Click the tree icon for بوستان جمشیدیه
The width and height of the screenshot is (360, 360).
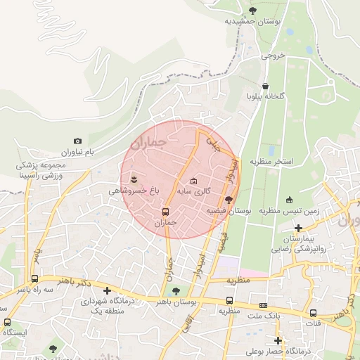(253, 10)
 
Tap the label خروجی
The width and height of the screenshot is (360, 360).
(273, 54)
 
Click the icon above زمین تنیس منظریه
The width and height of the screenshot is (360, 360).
(289, 200)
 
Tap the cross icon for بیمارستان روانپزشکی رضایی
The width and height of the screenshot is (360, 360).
(300, 228)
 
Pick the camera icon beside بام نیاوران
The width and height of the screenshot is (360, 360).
(77, 141)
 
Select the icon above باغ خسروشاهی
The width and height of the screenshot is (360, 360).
(134, 179)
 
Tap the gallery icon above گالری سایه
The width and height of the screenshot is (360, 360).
(194, 181)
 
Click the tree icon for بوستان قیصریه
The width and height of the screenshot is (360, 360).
(228, 200)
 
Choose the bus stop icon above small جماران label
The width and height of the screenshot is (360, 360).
(166, 212)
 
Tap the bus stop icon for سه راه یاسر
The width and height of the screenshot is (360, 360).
(34, 278)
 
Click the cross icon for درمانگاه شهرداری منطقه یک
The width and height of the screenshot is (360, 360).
(107, 290)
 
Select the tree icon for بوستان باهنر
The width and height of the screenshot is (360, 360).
(176, 290)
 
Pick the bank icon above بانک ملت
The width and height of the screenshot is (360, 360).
(263, 305)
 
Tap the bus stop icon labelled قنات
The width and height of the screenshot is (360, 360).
(313, 314)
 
